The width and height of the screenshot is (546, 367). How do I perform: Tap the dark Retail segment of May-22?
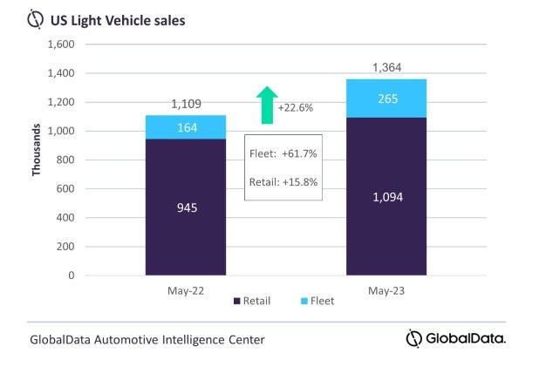click(186, 208)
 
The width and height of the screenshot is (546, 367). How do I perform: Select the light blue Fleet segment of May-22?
click(186, 127)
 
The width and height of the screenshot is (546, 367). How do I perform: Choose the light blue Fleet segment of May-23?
click(386, 99)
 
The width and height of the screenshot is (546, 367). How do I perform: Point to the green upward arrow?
click(267, 103)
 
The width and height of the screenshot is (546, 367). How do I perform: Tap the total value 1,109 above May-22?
click(186, 104)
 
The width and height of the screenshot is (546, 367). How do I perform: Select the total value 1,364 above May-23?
click(386, 67)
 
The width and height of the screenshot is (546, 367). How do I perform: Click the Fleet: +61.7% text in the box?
click(283, 153)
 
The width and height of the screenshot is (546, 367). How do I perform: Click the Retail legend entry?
click(252, 301)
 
